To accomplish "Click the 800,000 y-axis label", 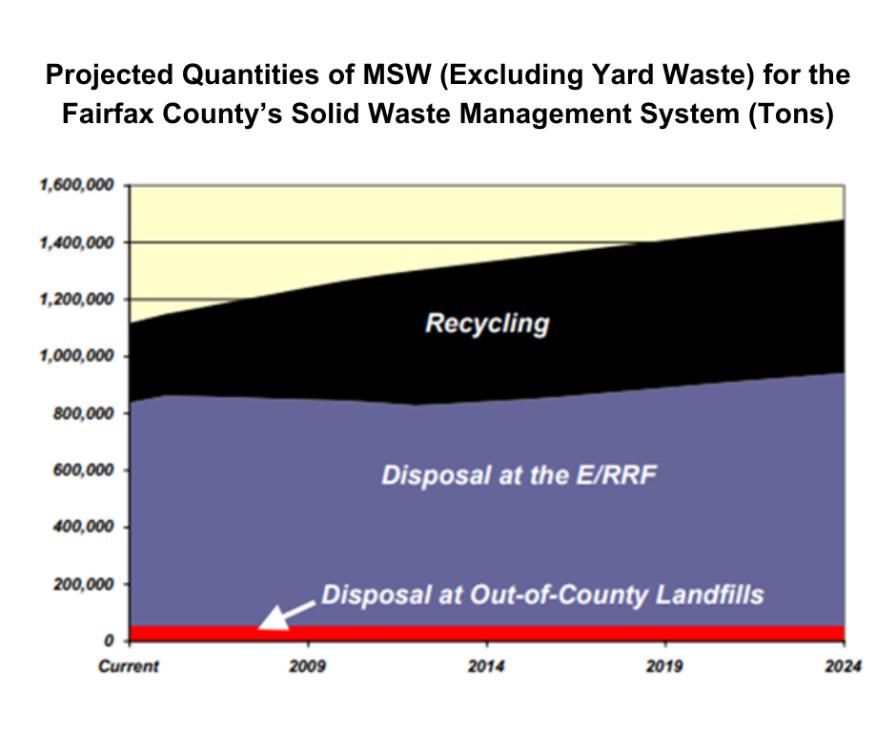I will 80,413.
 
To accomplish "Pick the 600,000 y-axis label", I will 80,470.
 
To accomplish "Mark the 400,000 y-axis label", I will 80,527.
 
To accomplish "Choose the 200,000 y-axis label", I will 80,584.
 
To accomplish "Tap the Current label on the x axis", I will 129,666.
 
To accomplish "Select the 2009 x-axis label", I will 308,666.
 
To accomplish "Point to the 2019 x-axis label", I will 665,666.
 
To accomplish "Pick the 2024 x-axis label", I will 844,666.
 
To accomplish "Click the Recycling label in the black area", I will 487,324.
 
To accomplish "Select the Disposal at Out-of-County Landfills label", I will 542,595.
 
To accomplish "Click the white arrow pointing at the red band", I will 284,614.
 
